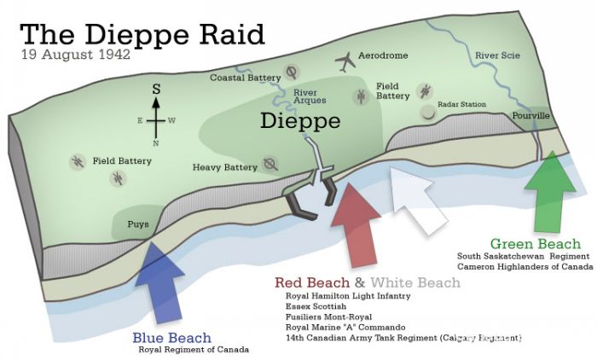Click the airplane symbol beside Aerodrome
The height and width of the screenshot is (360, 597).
pyautogui.click(x=345, y=61)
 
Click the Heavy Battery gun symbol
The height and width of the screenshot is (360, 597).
pyautogui.click(x=271, y=163)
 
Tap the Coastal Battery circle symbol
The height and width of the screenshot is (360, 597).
pyautogui.click(x=293, y=72)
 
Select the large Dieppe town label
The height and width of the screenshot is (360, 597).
pyautogui.click(x=300, y=120)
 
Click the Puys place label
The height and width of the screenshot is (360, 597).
pyautogui.click(x=128, y=224)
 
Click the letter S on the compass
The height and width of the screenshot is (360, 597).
pyautogui.click(x=156, y=89)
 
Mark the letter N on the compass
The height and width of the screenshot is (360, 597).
pyautogui.click(x=156, y=143)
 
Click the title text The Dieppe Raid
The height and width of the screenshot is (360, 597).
pyautogui.click(x=142, y=34)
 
